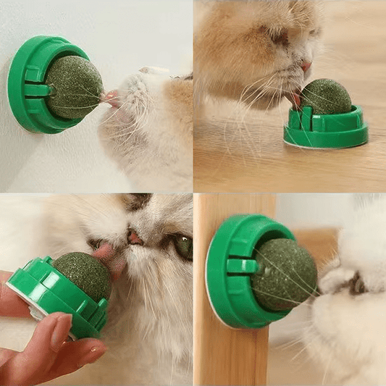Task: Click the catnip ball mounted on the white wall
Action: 75,87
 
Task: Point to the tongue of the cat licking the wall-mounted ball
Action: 111,97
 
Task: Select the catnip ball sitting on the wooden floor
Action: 326,97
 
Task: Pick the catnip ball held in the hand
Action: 82,275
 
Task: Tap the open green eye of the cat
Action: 183,246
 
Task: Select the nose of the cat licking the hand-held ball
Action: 135,237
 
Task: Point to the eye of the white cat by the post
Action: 357,285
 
